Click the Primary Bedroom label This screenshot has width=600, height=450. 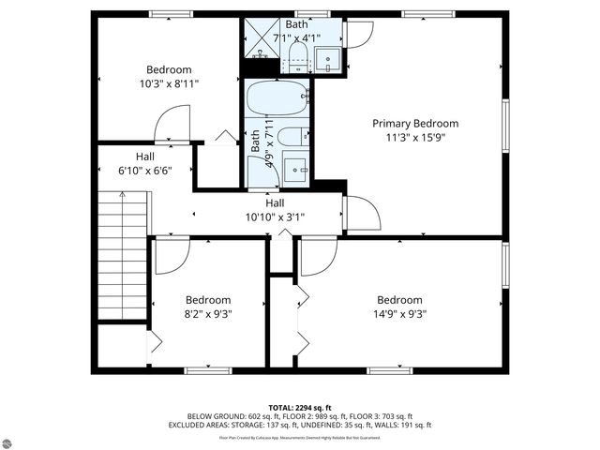(415, 123)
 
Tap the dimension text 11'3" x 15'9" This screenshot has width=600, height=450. (415, 139)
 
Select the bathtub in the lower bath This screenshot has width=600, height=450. (277, 97)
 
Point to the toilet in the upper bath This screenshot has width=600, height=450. (295, 56)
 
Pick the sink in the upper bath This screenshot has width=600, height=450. (328, 58)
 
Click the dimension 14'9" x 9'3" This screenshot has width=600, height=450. (398, 315)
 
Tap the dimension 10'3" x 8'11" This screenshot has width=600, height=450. (169, 83)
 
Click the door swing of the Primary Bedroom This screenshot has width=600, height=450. (361, 215)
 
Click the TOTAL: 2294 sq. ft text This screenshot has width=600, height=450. (299, 407)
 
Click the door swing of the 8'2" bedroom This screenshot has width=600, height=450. (172, 255)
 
